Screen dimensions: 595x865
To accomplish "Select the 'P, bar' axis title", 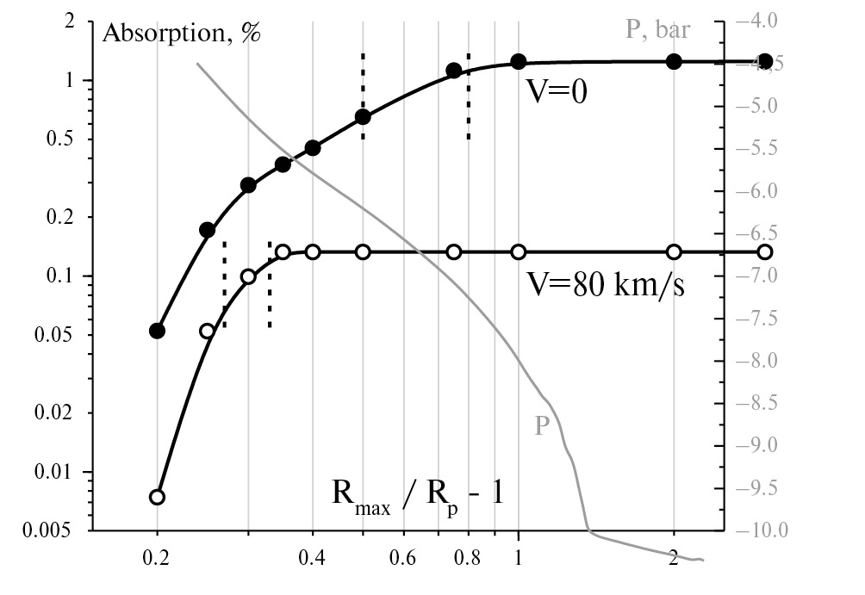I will [657, 31].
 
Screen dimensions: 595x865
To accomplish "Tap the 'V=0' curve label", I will [557, 92].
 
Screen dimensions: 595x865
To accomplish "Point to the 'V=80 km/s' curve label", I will [607, 284].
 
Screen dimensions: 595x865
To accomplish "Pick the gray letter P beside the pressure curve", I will [541, 425].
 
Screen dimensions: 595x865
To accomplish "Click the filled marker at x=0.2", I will [157, 331].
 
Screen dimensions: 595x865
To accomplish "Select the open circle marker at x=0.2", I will [157, 497].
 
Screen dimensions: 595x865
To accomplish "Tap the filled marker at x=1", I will [519, 61].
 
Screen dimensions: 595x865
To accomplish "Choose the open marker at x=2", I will [674, 251].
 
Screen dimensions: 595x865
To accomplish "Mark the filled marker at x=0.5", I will [363, 117].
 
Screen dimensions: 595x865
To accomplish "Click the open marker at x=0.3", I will [248, 276].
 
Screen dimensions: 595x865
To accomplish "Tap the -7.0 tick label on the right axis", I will [761, 276].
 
